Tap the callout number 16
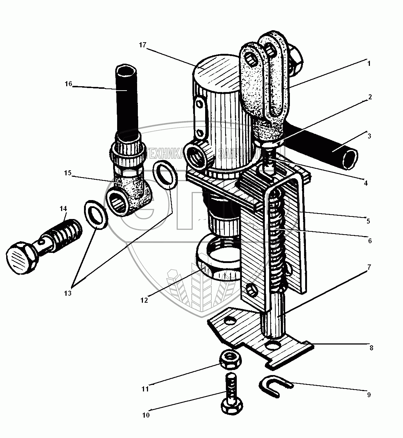click(69, 84)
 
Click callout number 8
click(371, 348)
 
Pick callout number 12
click(144, 300)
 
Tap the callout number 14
click(63, 208)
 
